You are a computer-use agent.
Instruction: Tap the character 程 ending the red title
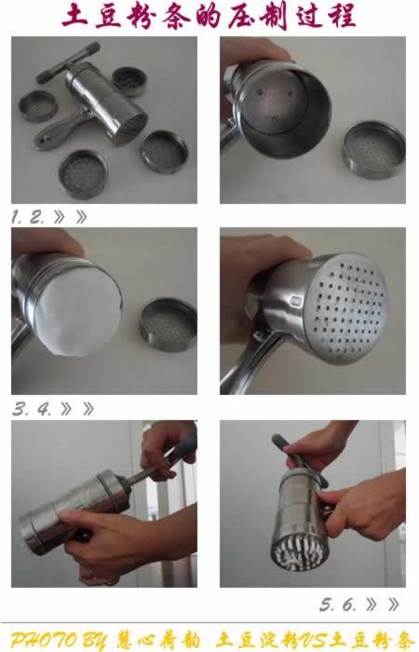(x=341, y=17)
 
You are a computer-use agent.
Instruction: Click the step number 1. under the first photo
(x=17, y=217)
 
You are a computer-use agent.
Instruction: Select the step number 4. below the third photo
(x=45, y=409)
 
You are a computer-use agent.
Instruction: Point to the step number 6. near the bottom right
(x=349, y=604)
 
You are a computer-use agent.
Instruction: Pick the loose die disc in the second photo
(x=373, y=150)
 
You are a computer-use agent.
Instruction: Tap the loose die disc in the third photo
(x=169, y=324)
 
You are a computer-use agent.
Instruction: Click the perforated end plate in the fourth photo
(x=348, y=308)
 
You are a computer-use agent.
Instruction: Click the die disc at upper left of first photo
(x=38, y=106)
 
